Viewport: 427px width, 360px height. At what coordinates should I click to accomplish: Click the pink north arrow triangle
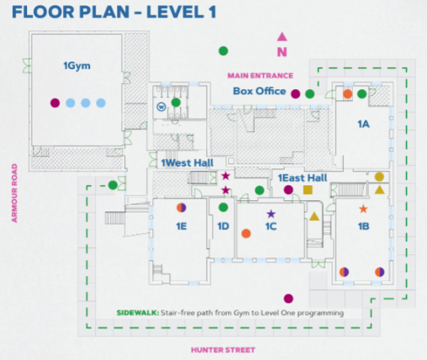pos(282,37)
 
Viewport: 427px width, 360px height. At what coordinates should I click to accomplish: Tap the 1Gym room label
pos(76,66)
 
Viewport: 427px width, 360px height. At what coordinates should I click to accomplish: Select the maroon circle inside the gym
pos(55,103)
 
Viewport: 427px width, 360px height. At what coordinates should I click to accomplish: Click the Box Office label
pos(260,91)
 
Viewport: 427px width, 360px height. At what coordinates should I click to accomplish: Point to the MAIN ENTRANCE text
pos(261,76)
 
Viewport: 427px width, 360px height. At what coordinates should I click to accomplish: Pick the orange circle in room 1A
pos(347,94)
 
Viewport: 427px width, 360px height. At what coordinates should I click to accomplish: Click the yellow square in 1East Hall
pos(308,190)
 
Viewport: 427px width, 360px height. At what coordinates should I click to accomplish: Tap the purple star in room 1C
pos(271,214)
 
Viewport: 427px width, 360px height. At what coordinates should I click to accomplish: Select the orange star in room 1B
pos(363,209)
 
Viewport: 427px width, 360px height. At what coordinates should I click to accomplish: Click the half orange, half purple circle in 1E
pos(182,208)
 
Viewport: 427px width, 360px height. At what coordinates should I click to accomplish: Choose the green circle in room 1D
pos(223,207)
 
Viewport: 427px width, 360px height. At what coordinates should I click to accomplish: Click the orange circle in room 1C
pos(246,233)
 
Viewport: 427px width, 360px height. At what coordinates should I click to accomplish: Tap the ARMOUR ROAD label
pos(14,193)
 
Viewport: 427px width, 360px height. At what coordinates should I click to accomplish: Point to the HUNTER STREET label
pos(223,350)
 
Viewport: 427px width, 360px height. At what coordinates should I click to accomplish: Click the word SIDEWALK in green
pos(138,313)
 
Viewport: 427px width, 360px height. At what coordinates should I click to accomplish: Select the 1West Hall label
pos(187,163)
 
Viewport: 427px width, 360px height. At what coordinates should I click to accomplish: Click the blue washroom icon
pos(161,107)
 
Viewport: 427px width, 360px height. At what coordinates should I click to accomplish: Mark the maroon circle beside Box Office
pos(295,94)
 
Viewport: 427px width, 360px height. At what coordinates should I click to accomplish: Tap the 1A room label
pos(363,124)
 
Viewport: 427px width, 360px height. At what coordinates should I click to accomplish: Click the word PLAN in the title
pos(104,12)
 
